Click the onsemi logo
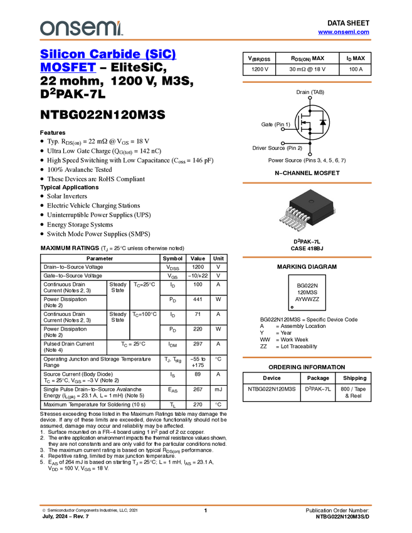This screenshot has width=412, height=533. [x=81, y=28]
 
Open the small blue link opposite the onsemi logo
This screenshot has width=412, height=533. [x=344, y=32]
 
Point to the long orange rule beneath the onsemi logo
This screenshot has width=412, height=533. [x=205, y=40]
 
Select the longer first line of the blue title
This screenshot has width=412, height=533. [x=108, y=55]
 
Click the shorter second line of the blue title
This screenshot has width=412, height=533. [x=68, y=68]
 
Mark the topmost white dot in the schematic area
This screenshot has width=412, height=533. [x=310, y=98]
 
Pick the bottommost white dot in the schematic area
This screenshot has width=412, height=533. [x=310, y=154]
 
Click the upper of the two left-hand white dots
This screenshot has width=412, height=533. [x=283, y=130]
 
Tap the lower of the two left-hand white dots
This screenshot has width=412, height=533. [x=283, y=143]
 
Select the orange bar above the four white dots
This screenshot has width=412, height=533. [x=307, y=82]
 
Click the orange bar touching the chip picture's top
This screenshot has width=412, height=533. [x=307, y=183]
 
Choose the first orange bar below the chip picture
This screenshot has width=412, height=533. [x=307, y=257]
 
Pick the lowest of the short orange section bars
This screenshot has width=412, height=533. [x=307, y=357]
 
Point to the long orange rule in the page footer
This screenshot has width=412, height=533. [x=205, y=505]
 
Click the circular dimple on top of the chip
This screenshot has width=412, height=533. [x=312, y=201]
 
